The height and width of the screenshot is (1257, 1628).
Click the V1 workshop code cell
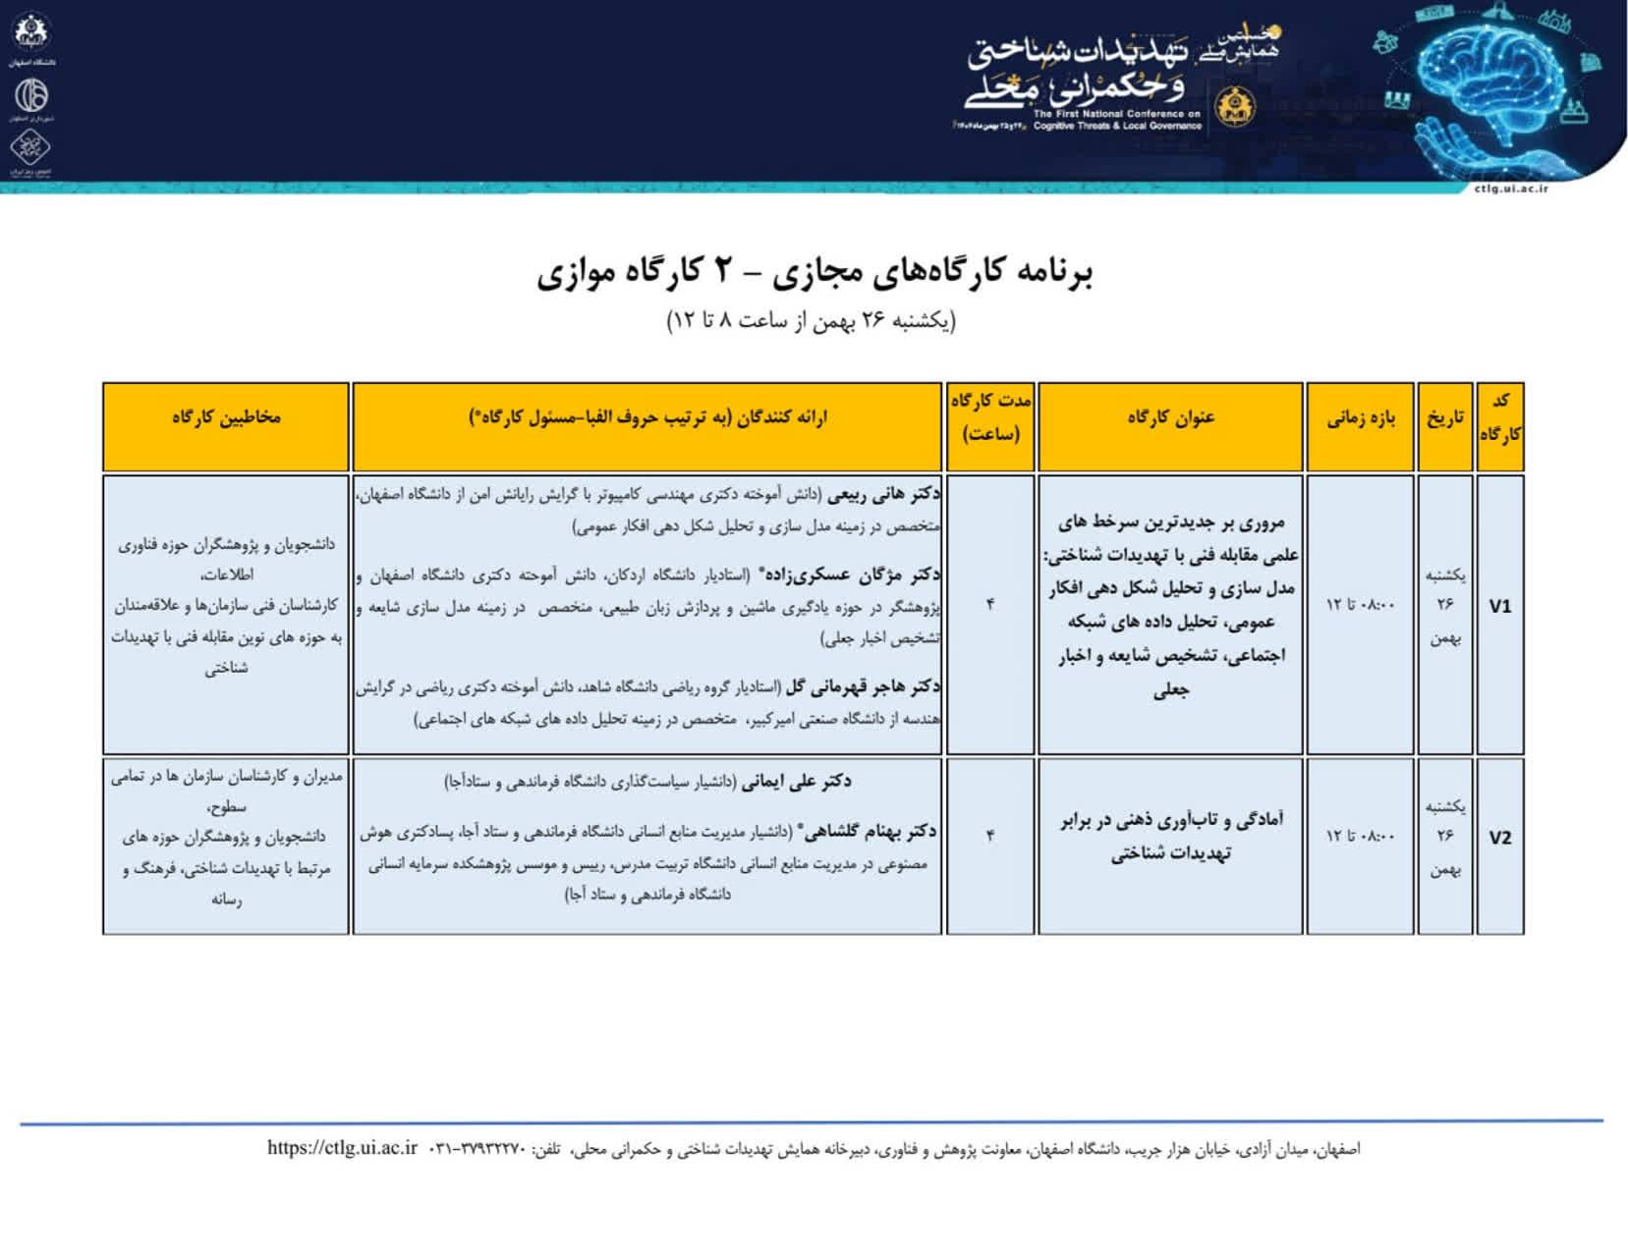click(1499, 607)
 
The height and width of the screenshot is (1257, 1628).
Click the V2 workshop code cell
click(1499, 838)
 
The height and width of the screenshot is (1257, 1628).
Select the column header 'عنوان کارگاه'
click(1170, 418)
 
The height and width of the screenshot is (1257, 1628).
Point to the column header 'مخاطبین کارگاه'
click(226, 417)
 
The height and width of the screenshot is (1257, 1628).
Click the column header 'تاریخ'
click(1445, 418)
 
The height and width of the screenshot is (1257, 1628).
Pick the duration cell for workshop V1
click(990, 605)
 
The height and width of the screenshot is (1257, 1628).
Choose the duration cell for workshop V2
click(990, 836)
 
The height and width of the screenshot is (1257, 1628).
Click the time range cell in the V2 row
click(1361, 836)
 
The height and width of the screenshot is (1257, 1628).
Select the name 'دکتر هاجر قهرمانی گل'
click(864, 686)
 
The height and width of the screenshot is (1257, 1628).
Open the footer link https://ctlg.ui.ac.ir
click(342, 1148)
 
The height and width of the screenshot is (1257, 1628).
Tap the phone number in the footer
click(478, 1149)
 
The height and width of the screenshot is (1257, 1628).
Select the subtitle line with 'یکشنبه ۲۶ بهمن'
click(812, 321)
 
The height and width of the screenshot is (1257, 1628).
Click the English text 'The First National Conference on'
click(1117, 114)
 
